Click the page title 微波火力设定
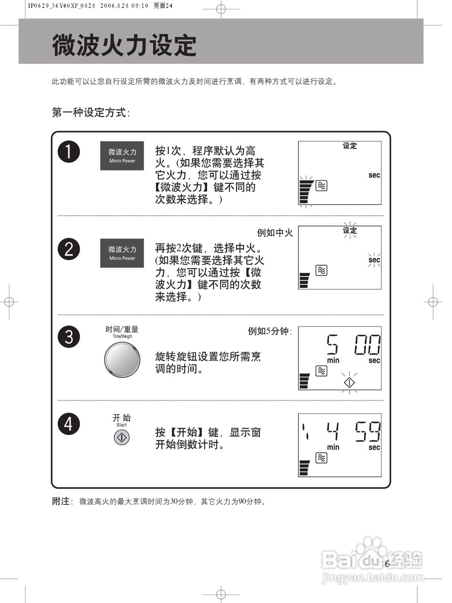coord(124,46)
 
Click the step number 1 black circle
coord(69,152)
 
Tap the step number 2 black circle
coord(69,249)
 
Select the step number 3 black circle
coord(69,336)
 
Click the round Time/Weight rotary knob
coord(122,359)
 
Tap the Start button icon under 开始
coord(122,438)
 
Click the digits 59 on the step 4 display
coord(367,431)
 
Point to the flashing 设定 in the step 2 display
coord(350,230)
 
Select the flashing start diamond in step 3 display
coord(349,382)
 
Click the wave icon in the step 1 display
coord(321,186)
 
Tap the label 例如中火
coord(275,233)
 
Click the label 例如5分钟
coord(270,331)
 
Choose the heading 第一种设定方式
coord(90,113)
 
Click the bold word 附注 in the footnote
coord(61,501)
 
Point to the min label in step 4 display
coord(333,447)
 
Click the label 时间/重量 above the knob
coord(122,329)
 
